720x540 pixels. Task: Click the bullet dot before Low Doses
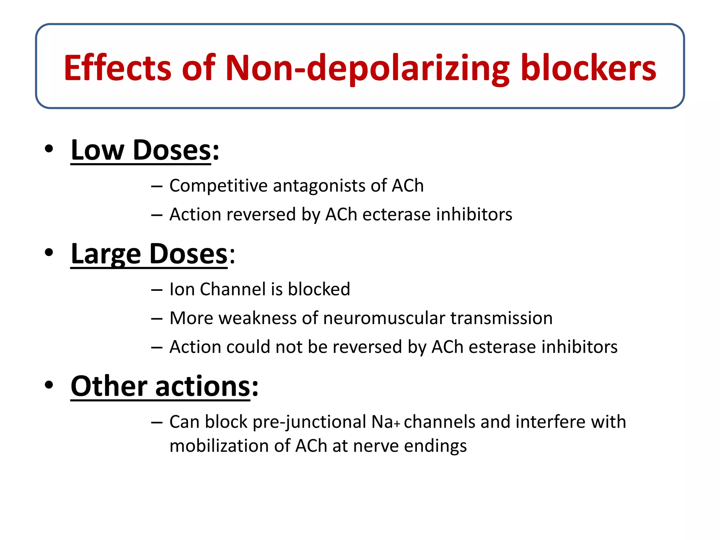click(x=49, y=149)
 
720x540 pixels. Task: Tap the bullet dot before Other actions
click(x=49, y=385)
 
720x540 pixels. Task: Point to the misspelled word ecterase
click(x=396, y=214)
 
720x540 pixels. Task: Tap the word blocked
click(x=319, y=289)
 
